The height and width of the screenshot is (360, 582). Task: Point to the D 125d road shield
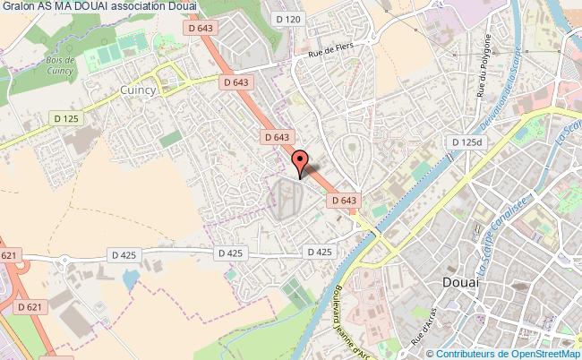coord(466,142)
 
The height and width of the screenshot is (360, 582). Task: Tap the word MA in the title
coord(59,7)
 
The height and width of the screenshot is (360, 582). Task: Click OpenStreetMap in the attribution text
coord(547,353)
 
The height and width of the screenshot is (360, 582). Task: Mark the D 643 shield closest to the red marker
coord(276,137)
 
